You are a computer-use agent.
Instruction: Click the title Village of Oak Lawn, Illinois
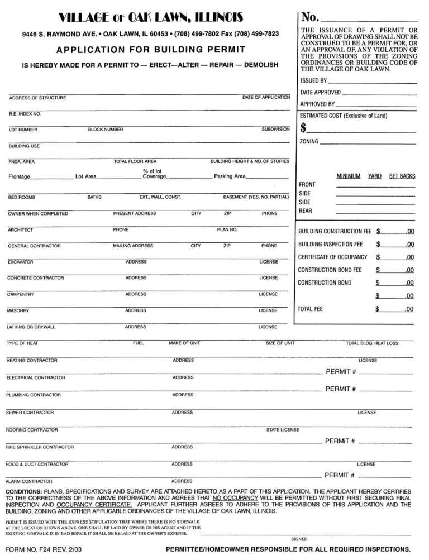[150, 18]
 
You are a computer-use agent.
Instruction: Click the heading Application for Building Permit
[150, 50]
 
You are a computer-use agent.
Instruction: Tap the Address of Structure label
[37, 98]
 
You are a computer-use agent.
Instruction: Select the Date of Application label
[266, 98]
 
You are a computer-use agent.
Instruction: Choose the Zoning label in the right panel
[309, 142]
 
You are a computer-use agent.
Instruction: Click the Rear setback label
[306, 211]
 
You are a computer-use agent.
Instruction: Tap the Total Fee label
[310, 309]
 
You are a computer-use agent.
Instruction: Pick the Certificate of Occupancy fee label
[333, 257]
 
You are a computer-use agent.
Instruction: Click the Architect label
[20, 229]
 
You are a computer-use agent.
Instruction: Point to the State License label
[283, 430]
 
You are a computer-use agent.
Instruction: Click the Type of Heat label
[22, 343]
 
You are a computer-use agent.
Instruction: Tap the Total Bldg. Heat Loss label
[372, 343]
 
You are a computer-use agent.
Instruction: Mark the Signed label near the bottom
[299, 539]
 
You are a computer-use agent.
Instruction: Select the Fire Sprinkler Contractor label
[40, 447]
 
